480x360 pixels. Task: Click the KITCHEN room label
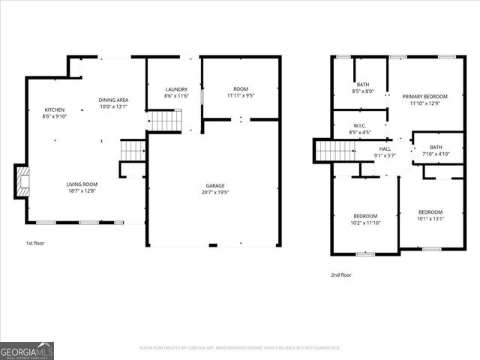click(x=55, y=109)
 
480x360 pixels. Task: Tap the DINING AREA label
click(x=114, y=100)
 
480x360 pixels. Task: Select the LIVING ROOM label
click(x=82, y=184)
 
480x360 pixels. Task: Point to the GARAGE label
click(x=216, y=185)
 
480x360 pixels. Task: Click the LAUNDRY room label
click(x=176, y=89)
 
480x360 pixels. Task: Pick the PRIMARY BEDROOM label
click(x=424, y=97)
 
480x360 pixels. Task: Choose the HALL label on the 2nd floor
click(x=385, y=148)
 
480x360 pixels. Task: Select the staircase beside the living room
click(x=132, y=150)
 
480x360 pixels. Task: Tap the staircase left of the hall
click(x=330, y=150)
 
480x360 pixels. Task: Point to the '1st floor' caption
click(x=34, y=244)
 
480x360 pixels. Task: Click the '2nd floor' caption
click(x=341, y=274)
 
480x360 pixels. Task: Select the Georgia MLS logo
click(x=27, y=350)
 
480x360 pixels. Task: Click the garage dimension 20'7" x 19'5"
click(x=216, y=193)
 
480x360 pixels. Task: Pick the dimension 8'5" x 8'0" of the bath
click(x=363, y=91)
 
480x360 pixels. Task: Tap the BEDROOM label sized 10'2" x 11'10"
click(x=365, y=216)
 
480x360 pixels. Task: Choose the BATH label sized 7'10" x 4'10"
click(x=436, y=147)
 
